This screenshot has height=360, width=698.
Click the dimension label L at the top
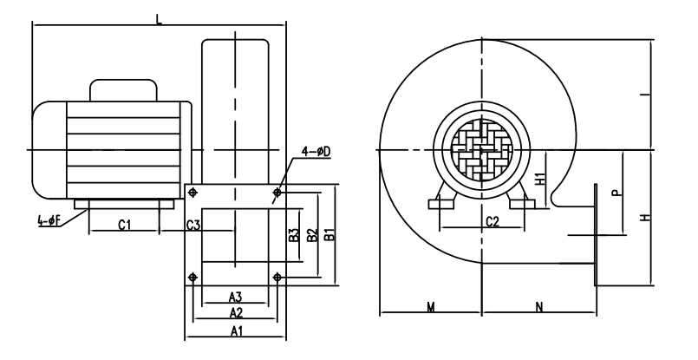point(159,19)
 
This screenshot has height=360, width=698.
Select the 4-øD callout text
point(316,152)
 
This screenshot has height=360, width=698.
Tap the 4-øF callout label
point(49,220)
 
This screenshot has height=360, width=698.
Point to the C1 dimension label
point(125,225)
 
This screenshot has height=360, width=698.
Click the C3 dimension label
point(193,225)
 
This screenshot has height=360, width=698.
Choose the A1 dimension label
point(237,331)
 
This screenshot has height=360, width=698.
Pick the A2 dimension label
point(236,313)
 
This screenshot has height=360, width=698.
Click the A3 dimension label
point(236,297)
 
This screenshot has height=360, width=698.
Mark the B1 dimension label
point(329,235)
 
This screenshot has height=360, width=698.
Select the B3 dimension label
point(294,235)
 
